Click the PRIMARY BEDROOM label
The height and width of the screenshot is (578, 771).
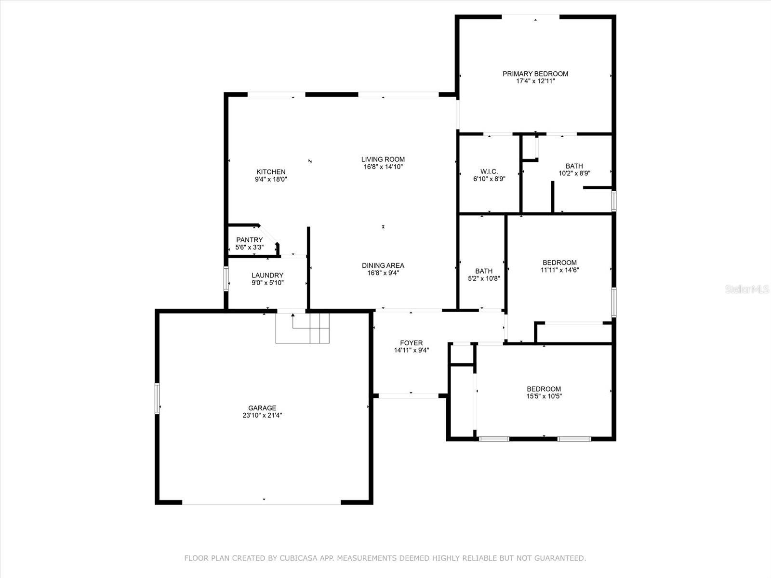tap(535, 74)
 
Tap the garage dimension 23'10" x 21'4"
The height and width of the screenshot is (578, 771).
tap(262, 415)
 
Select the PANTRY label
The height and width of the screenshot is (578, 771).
tap(249, 240)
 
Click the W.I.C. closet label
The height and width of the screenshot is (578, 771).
tap(489, 171)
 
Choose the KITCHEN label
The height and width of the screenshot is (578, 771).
tap(271, 171)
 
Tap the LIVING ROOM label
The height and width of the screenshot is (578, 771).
tap(383, 159)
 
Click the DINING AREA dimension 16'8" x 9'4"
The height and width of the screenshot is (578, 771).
tap(383, 273)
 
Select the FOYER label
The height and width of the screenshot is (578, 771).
tap(411, 343)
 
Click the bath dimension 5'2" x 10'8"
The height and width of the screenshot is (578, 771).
tap(484, 278)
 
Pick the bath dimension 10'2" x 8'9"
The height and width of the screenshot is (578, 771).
tap(574, 173)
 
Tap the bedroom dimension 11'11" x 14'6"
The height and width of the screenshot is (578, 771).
tap(559, 270)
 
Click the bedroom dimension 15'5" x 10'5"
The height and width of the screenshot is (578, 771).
tap(544, 396)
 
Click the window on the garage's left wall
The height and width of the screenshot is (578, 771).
tap(157, 398)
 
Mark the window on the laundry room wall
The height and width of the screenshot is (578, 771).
tap(226, 279)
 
